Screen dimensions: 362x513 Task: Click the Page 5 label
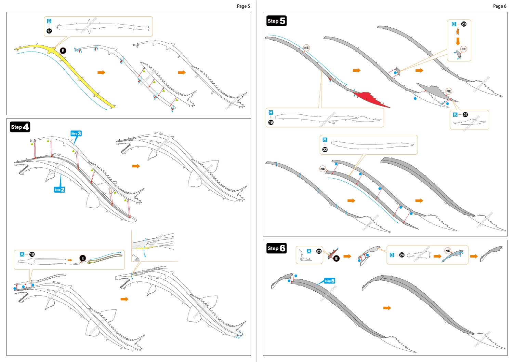(243, 6)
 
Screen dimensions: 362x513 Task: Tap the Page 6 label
(499, 6)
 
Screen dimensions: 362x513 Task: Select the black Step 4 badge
(20, 127)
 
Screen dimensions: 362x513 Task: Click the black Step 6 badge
(276, 248)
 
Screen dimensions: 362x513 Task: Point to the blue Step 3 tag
(76, 134)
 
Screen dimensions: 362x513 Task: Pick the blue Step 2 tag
(59, 190)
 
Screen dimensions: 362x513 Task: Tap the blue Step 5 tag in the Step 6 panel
(329, 281)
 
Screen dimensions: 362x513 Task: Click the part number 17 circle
(49, 31)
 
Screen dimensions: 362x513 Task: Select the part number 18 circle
(32, 254)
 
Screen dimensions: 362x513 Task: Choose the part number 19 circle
(271, 122)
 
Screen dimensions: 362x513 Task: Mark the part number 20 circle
(464, 24)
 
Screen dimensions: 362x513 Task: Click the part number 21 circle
(465, 115)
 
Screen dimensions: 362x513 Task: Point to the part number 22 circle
(325, 150)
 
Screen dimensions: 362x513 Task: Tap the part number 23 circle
(319, 251)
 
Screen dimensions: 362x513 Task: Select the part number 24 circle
(402, 255)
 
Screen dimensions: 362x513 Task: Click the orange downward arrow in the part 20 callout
(458, 41)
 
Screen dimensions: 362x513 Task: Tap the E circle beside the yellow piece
(63, 51)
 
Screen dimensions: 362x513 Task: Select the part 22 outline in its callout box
(373, 144)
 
